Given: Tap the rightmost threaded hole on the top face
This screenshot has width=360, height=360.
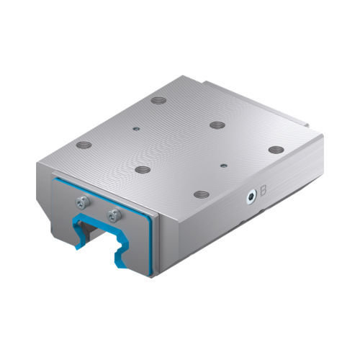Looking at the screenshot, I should pyautogui.click(x=276, y=150).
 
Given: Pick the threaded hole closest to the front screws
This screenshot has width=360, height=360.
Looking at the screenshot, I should pyautogui.click(x=143, y=170).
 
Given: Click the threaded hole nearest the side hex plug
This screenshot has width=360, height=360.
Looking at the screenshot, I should pyautogui.click(x=202, y=194).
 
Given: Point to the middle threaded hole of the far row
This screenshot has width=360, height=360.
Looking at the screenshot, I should pyautogui.click(x=217, y=125).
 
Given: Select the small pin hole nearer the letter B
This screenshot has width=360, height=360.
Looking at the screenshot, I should pyautogui.click(x=224, y=166).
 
